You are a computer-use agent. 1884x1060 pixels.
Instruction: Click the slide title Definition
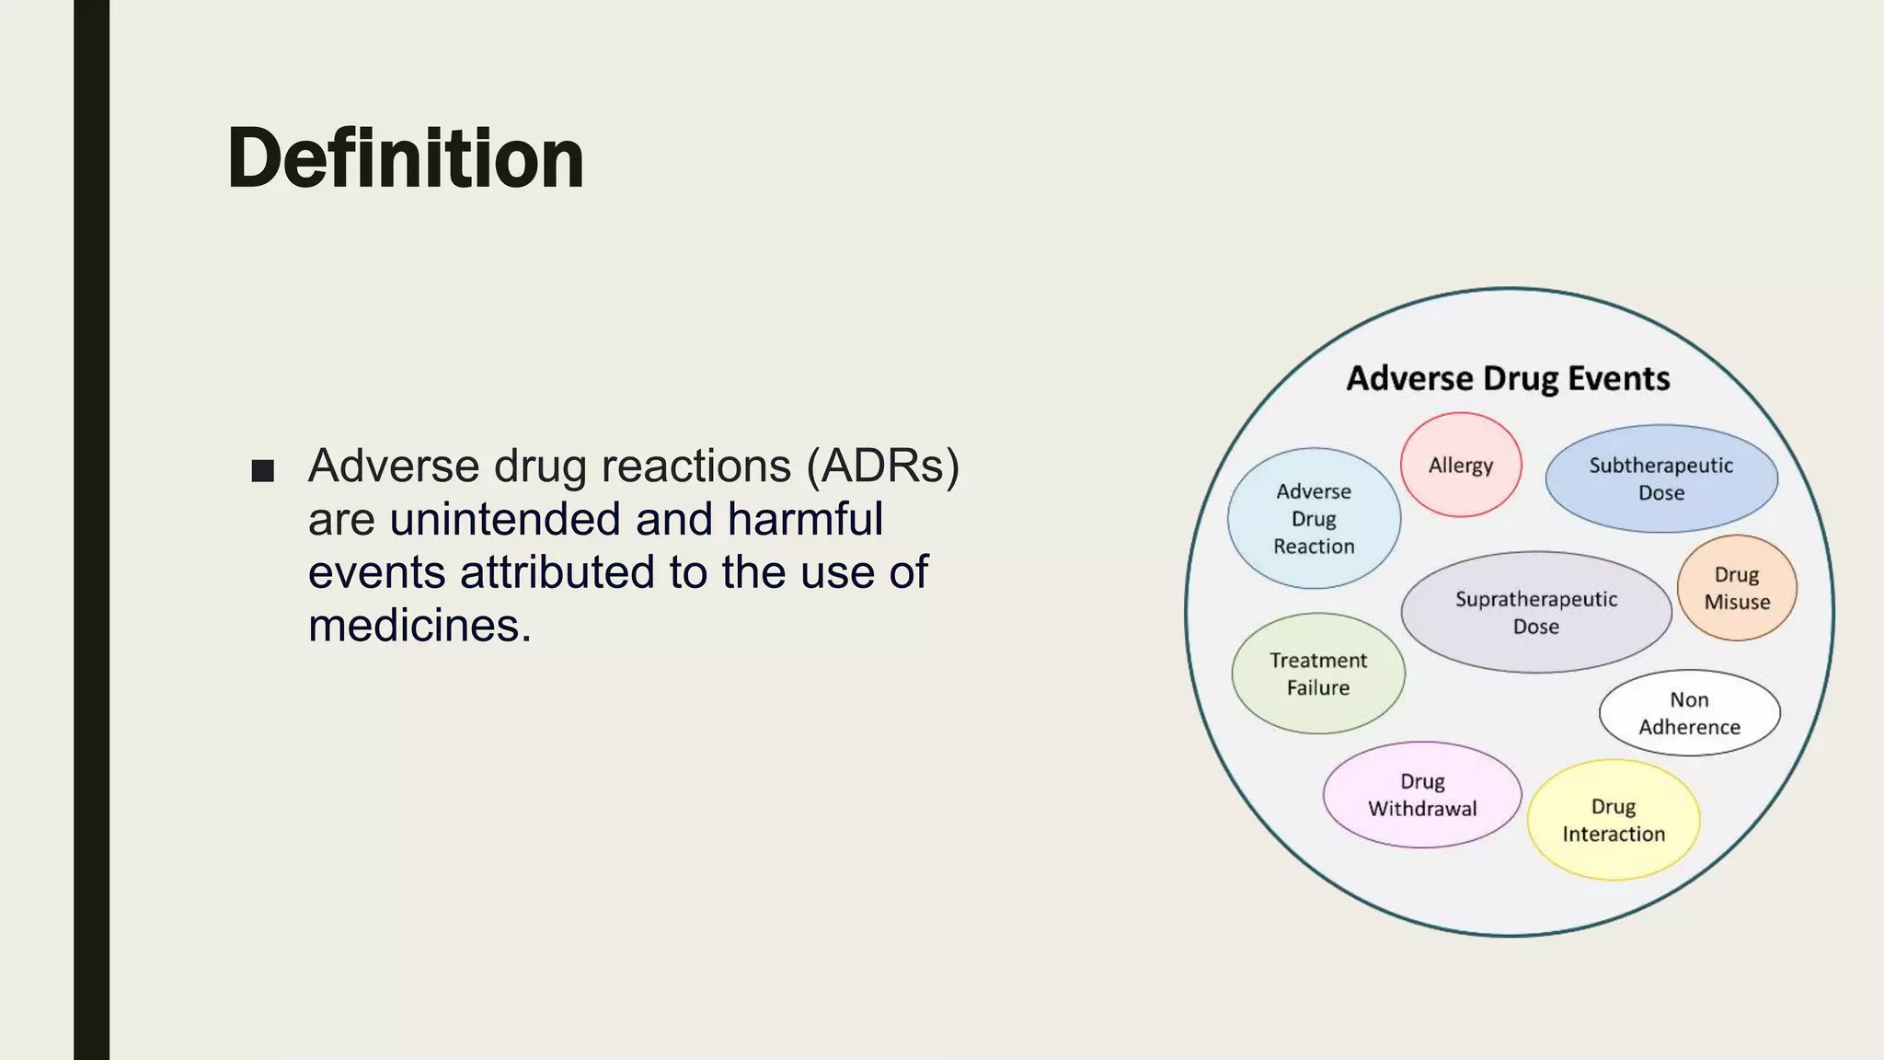click(x=406, y=159)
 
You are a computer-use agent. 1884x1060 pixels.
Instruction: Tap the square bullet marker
click(x=263, y=471)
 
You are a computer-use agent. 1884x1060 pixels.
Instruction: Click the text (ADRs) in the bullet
click(x=882, y=466)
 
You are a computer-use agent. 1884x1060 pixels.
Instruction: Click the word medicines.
click(x=419, y=626)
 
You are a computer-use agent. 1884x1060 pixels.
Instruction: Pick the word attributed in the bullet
click(x=557, y=572)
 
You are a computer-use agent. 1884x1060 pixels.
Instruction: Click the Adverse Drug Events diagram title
click(x=1508, y=378)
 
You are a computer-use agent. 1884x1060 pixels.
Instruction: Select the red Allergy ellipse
click(x=1460, y=465)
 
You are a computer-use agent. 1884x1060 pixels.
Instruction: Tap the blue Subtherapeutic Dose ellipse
click(x=1660, y=478)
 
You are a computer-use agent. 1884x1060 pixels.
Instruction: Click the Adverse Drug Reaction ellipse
click(x=1314, y=518)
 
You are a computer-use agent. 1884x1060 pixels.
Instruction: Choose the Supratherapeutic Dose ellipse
click(x=1535, y=612)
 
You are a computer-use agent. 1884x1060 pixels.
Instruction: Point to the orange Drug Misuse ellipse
click(x=1736, y=588)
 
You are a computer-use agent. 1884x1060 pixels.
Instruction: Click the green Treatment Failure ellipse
click(x=1317, y=674)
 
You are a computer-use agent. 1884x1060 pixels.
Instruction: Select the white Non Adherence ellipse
click(x=1689, y=713)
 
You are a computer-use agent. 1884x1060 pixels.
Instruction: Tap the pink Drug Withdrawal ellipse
click(x=1421, y=794)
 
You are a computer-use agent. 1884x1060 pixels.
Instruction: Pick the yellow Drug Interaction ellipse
click(x=1613, y=820)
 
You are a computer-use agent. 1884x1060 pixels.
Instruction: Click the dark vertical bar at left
click(x=91, y=530)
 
